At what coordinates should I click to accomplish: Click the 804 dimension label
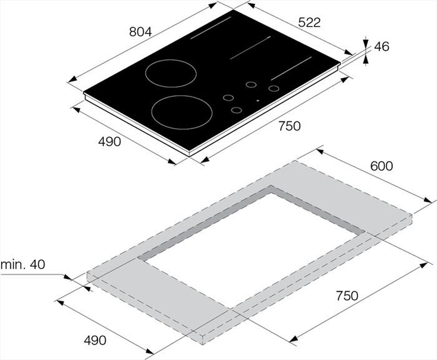pyautogui.click(x=140, y=32)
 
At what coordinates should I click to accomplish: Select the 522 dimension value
pyautogui.click(x=309, y=23)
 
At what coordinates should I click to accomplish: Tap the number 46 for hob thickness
pyautogui.click(x=382, y=47)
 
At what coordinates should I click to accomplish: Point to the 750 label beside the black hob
pyautogui.click(x=289, y=126)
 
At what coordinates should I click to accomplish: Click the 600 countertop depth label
pyautogui.click(x=382, y=166)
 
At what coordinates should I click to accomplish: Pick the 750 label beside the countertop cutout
pyautogui.click(x=347, y=296)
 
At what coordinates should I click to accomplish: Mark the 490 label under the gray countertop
pyautogui.click(x=94, y=340)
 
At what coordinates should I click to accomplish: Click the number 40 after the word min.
pyautogui.click(x=38, y=265)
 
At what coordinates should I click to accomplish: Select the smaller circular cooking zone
pyautogui.click(x=168, y=73)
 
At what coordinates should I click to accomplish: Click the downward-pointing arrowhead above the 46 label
pyautogui.click(x=365, y=42)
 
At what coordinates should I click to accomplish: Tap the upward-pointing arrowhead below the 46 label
pyautogui.click(x=365, y=60)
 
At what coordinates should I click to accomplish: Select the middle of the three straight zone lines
pyautogui.click(x=250, y=47)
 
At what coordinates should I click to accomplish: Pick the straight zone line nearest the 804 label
pyautogui.click(x=211, y=28)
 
